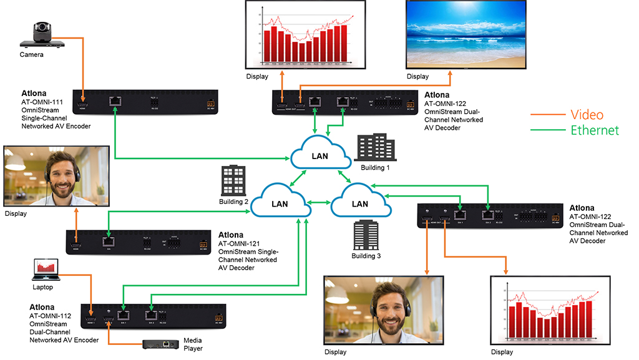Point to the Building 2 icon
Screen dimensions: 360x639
point(235,181)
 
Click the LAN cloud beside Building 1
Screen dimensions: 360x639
point(320,155)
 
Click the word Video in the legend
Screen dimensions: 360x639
point(587,115)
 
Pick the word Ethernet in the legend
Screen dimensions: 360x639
point(595,130)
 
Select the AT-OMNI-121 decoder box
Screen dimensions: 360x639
point(138,242)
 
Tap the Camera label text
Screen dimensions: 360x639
point(32,55)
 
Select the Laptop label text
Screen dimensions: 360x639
point(43,288)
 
